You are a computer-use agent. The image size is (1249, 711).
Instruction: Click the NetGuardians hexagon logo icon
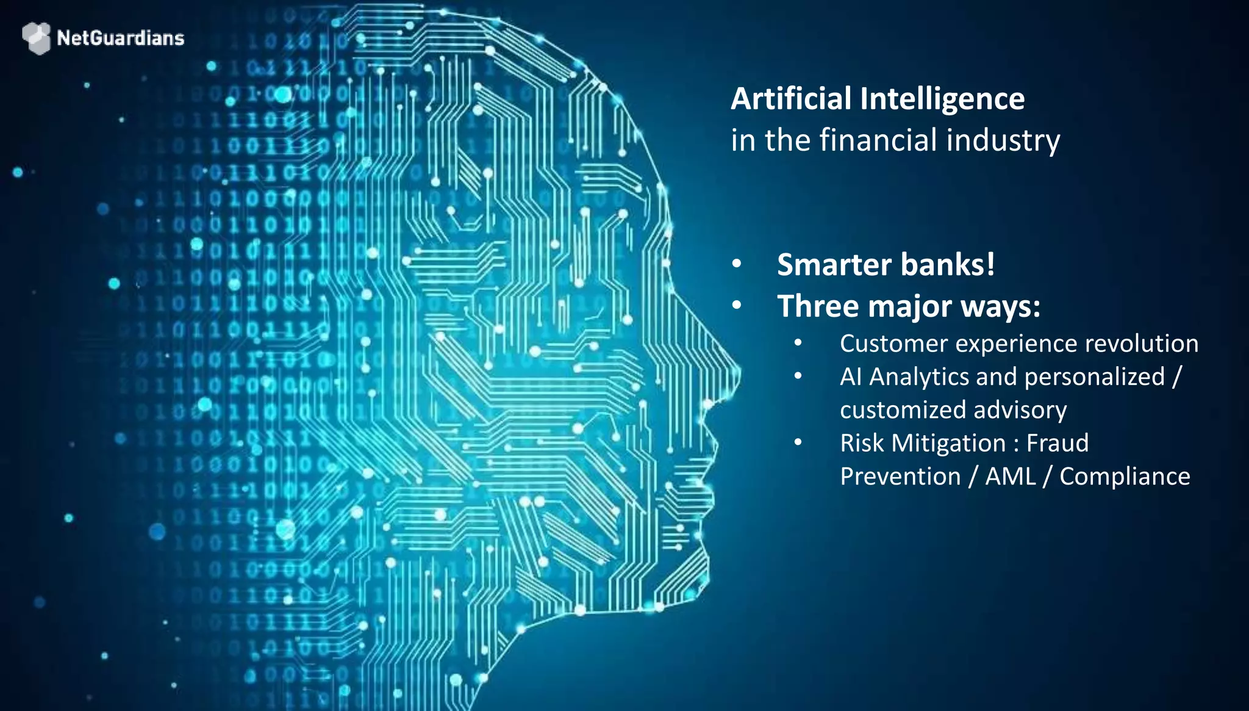[36, 38]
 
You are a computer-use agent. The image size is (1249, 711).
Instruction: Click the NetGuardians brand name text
[120, 38]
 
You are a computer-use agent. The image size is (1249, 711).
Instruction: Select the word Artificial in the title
[792, 99]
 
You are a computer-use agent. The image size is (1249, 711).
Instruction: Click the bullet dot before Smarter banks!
[737, 264]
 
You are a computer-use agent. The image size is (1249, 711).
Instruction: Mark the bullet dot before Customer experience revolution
[798, 344]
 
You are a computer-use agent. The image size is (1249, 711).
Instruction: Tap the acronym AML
[1011, 477]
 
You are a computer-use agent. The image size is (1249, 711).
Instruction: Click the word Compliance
[1125, 477]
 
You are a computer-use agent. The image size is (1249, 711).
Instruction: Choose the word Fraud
[1058, 444]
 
